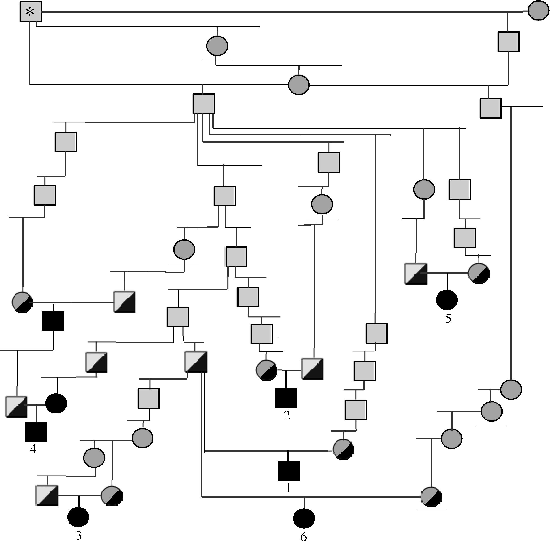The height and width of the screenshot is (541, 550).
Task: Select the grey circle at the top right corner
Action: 538,11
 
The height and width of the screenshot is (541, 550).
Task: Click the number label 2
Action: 287,415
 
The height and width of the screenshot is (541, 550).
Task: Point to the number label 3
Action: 79,535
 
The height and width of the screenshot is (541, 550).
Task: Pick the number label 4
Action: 33,449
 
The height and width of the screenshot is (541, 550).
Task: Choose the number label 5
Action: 448,319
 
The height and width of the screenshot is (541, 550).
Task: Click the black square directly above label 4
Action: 36,432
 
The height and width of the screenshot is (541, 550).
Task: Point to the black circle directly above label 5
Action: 447,300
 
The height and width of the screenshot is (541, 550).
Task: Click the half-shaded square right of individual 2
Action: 312,369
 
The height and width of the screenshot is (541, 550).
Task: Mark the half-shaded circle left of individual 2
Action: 266,370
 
